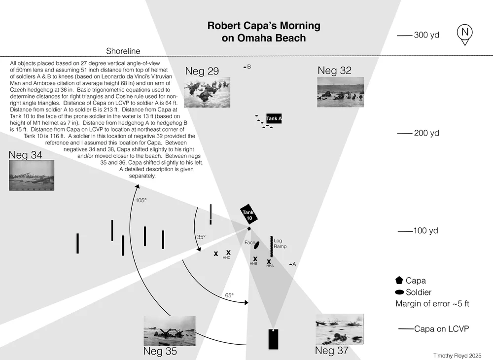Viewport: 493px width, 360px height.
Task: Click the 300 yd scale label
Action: (426, 35)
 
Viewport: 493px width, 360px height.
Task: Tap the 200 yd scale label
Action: (426, 133)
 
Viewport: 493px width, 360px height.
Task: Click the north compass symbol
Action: (464, 34)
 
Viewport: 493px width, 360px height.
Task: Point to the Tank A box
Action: (274, 119)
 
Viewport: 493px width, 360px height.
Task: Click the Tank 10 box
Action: (249, 215)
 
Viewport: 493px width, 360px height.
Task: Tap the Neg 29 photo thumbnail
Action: (207, 92)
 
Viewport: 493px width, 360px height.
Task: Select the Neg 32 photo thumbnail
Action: (341, 92)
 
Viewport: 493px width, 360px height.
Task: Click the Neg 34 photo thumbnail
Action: (32, 176)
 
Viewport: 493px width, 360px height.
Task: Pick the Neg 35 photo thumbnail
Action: (169, 330)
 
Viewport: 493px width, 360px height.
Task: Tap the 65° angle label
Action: (229, 295)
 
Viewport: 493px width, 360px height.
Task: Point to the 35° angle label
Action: (201, 237)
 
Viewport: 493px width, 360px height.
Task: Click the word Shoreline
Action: (123, 51)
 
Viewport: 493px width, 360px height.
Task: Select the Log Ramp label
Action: (280, 244)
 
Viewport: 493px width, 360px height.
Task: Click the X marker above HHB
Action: (255, 258)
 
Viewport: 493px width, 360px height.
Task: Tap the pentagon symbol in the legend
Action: (399, 280)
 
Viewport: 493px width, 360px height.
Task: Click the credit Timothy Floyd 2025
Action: (457, 355)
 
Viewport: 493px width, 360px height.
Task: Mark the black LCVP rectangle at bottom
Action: (273, 339)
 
